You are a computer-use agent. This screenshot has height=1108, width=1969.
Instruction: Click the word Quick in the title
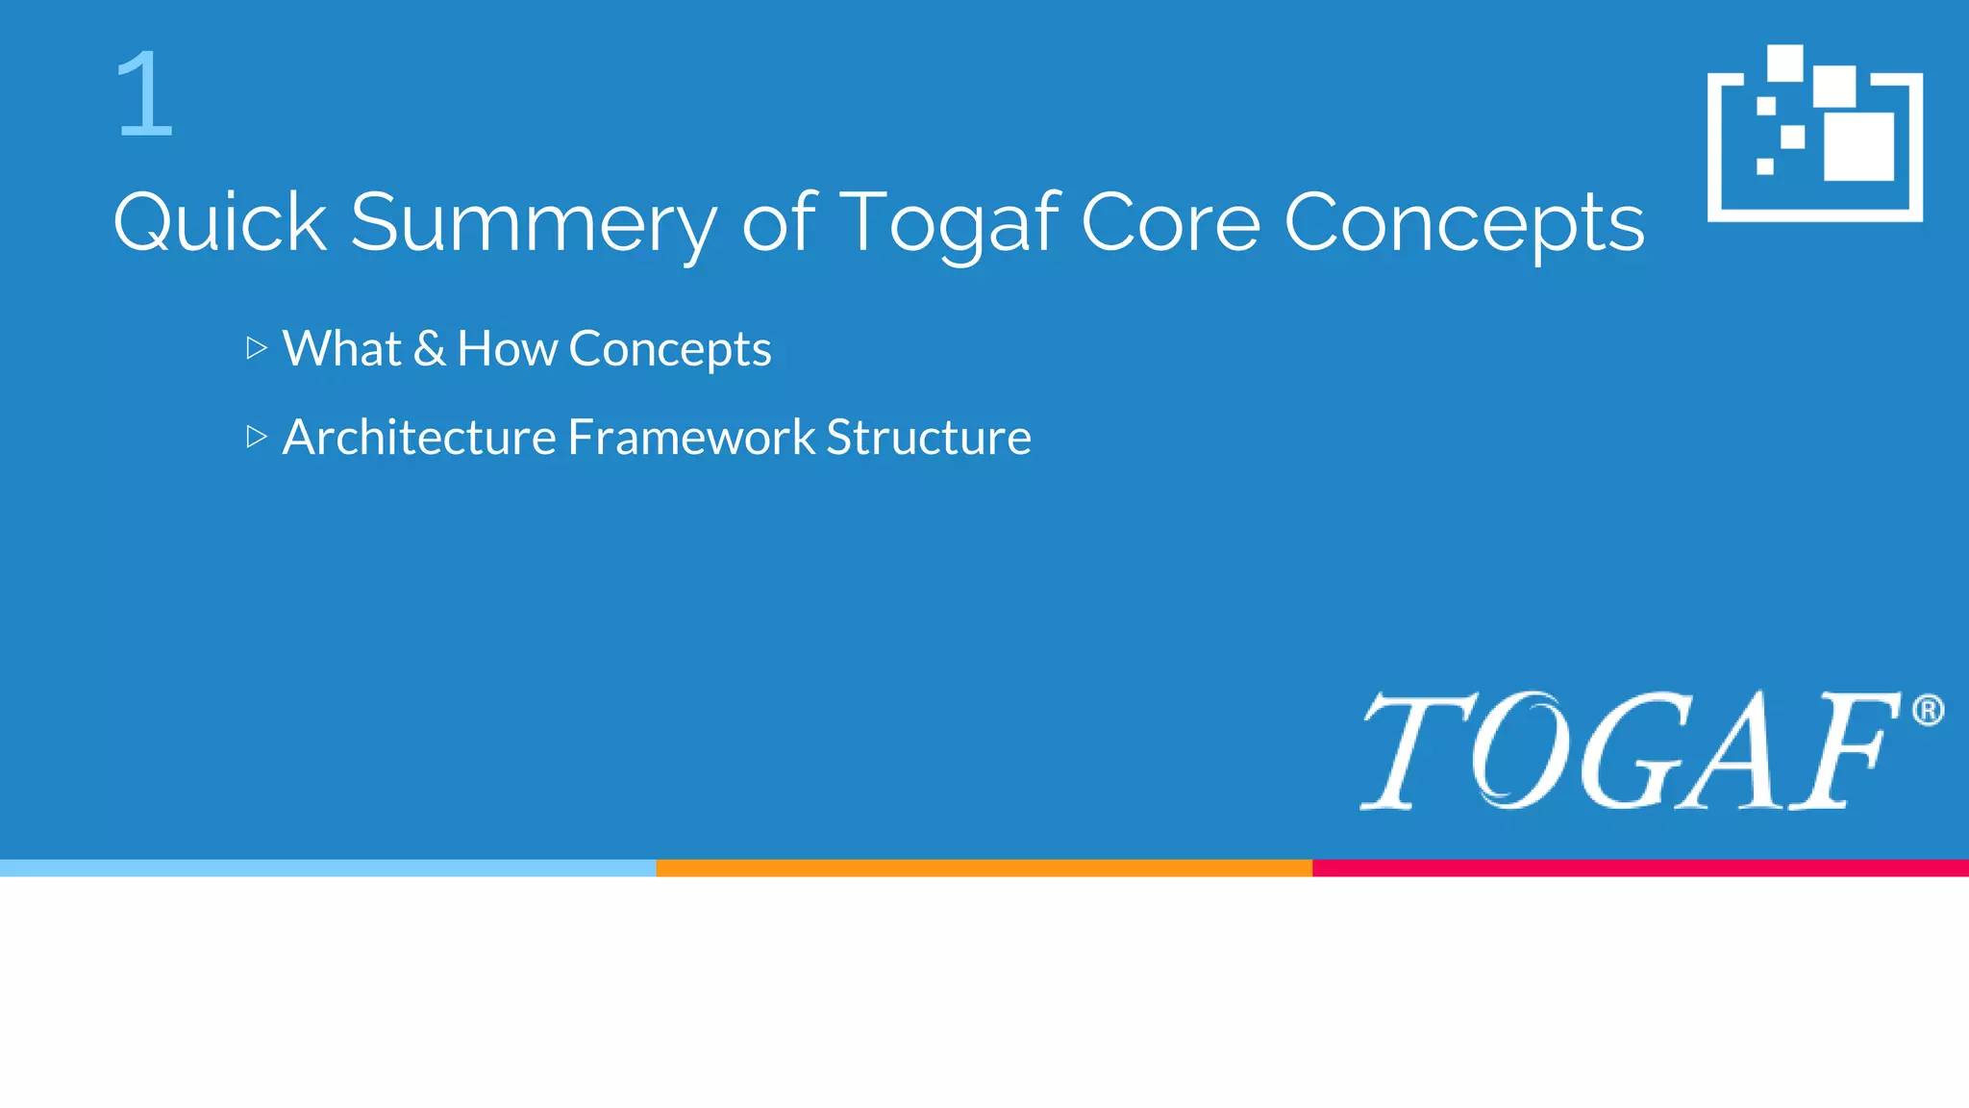coord(220,222)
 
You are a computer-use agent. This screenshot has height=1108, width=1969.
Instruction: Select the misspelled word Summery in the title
coord(533,222)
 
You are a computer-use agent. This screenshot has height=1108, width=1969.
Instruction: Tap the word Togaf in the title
coord(950,222)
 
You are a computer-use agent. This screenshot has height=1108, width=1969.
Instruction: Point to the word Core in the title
coord(1170,222)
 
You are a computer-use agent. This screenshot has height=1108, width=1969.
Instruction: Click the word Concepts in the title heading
coord(1463,222)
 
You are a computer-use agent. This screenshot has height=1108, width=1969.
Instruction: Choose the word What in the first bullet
coord(341,348)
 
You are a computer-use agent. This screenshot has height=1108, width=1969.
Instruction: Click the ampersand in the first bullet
coord(429,348)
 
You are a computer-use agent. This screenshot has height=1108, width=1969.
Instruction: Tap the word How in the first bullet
coord(507,348)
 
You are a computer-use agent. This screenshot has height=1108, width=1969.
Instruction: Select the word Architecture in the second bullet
coord(419,438)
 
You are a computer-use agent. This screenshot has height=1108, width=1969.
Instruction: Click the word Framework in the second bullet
coord(691,438)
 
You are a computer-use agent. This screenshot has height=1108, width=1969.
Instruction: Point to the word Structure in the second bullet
coord(929,438)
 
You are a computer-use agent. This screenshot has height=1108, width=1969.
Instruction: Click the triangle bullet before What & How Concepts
coord(256,348)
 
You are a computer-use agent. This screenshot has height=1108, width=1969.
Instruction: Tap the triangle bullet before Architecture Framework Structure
coord(256,437)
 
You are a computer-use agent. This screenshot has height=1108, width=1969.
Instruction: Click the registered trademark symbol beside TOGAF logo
coord(1928,711)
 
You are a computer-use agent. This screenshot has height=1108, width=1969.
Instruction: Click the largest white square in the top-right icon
coord(1858,146)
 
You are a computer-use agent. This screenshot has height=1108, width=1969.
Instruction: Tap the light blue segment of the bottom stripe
coord(327,868)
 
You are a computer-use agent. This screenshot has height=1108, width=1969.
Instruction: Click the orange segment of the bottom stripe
coord(984,868)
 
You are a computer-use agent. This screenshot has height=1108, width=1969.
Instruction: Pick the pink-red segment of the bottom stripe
coord(1640,868)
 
